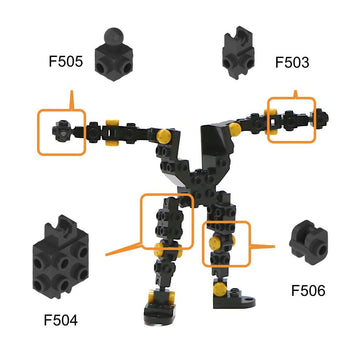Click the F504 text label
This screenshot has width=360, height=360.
[x=61, y=320]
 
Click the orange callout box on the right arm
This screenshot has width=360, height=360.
[x=291, y=118]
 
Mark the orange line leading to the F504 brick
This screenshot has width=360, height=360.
[x=125, y=246]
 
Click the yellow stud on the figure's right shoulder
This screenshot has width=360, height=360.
[x=233, y=129]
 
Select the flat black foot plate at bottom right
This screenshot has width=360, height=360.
[x=240, y=299]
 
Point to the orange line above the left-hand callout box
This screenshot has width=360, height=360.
[x=71, y=99]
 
